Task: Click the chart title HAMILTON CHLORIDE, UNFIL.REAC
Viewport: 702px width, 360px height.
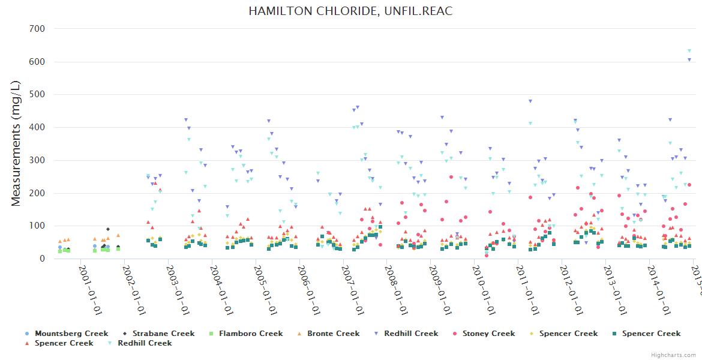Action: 351,11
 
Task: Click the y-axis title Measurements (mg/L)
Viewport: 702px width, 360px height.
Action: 16,144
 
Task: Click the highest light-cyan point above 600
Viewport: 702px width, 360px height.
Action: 689,51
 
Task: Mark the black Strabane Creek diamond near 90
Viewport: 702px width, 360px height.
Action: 108,229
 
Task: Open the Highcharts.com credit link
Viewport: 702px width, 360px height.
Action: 673,355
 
